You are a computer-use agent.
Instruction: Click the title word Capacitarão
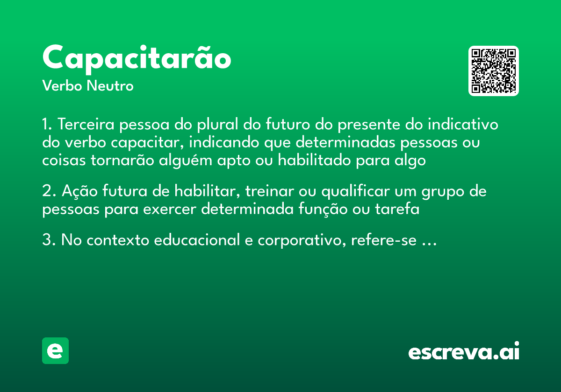[x=137, y=59]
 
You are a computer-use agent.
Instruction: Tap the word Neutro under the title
[x=110, y=86]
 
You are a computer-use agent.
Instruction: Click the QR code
[x=494, y=71]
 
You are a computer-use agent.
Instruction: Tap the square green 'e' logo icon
[x=55, y=350]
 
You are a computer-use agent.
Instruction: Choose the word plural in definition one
[x=218, y=125]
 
